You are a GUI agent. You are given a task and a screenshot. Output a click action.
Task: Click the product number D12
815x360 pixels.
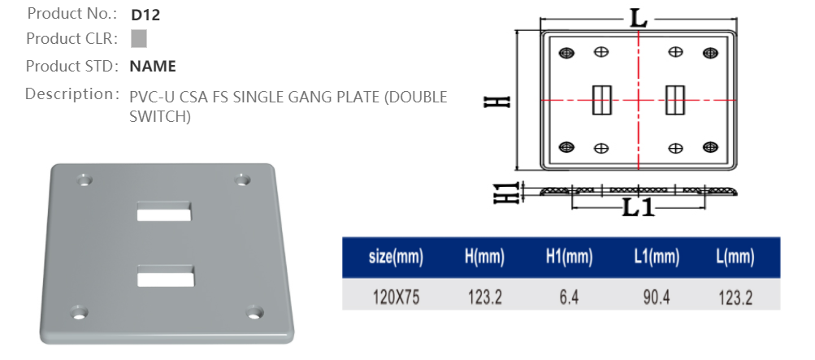(x=142, y=14)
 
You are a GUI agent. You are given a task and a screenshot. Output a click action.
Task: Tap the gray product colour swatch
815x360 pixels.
(x=139, y=38)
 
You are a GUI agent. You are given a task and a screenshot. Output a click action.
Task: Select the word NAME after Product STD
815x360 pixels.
(x=153, y=67)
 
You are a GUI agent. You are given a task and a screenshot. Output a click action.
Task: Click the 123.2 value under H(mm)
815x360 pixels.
(x=484, y=297)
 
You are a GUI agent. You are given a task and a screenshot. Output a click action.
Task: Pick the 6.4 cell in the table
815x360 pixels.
(x=569, y=297)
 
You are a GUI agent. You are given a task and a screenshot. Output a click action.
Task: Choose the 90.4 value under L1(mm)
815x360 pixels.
(x=656, y=297)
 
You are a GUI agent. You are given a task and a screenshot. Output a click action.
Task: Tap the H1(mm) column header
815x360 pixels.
(x=569, y=258)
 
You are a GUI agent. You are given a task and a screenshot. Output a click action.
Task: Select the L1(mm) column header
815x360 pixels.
(x=656, y=258)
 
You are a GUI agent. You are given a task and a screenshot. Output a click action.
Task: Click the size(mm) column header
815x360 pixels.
(x=396, y=258)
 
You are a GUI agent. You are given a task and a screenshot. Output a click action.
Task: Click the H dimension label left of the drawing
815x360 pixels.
(x=497, y=101)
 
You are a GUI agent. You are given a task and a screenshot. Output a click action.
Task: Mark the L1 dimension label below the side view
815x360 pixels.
(x=639, y=208)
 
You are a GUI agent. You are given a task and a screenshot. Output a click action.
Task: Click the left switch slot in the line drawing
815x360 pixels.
(x=601, y=100)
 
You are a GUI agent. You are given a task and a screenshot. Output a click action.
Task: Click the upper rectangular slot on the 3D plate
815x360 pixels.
(x=164, y=213)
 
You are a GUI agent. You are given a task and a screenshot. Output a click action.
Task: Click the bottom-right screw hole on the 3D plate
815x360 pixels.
(x=254, y=312)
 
